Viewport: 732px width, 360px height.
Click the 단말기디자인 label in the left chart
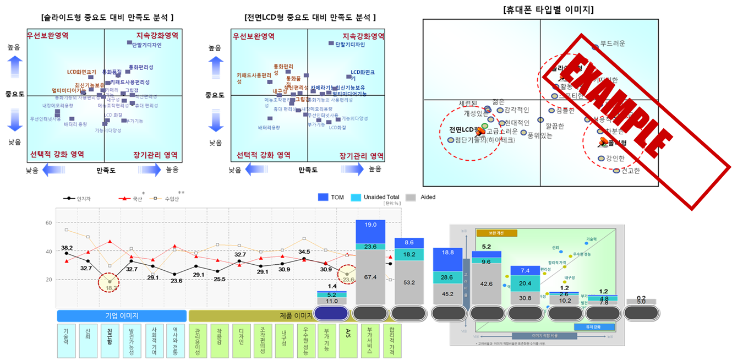(x=147, y=45)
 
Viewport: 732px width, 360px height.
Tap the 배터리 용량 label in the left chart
(x=75, y=124)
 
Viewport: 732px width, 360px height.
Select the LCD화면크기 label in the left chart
(x=81, y=72)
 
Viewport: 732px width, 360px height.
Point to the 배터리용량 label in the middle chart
(x=269, y=128)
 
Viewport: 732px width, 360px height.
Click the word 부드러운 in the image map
(x=613, y=43)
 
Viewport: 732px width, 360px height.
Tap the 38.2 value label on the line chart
(x=67, y=248)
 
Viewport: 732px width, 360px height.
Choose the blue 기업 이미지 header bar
(x=122, y=315)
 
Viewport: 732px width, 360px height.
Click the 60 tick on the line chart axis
(x=48, y=223)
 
